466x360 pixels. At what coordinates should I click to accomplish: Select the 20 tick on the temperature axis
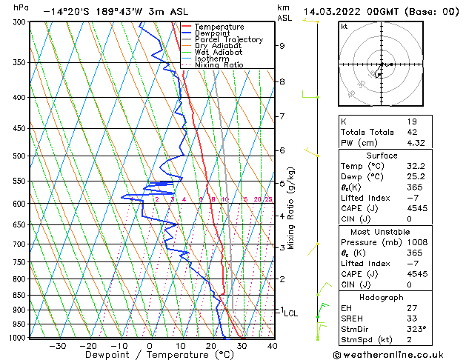point(211,345)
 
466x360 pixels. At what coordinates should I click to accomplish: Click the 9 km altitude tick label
point(282,45)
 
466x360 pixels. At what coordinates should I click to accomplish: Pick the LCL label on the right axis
point(290,313)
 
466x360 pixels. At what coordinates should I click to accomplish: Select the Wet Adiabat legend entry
point(219,53)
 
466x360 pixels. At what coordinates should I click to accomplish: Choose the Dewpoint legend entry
point(213,33)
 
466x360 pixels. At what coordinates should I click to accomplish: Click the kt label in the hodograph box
point(344,27)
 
